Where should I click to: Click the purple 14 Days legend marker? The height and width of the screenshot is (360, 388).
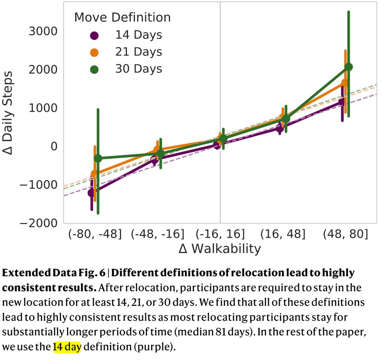point(94,35)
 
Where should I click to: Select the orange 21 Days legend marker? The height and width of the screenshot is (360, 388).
point(94,52)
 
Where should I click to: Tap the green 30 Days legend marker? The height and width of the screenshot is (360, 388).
point(94,69)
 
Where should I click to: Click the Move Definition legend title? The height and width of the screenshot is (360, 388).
point(122,17)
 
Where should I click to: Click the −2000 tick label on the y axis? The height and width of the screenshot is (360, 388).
point(38,223)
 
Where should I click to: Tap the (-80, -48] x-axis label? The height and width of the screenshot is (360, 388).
point(95,234)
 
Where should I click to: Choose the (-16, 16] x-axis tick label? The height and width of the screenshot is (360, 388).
point(220,234)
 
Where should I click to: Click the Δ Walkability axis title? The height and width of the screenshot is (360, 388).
point(220,249)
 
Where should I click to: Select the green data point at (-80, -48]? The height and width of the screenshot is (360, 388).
point(98,158)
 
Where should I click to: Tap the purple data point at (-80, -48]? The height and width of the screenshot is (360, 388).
point(92,193)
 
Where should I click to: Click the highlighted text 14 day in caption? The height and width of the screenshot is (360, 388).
point(67,346)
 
